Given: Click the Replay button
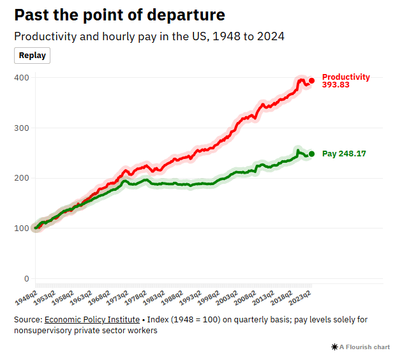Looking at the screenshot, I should [32, 56].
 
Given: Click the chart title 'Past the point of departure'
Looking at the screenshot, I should [119, 15].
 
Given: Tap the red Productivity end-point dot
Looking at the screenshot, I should [312, 80].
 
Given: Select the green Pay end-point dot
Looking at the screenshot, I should [312, 154].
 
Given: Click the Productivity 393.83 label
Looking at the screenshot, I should [345, 80].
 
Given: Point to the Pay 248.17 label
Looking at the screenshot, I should [344, 154].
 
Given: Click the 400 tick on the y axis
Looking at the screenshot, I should [22, 78].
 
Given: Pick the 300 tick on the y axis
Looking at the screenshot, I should [22, 128].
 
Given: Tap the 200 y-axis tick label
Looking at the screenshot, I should [22, 178].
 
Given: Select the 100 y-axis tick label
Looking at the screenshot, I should [22, 229].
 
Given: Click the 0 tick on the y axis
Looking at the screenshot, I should [26, 279].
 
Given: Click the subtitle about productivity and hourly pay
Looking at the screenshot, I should [149, 36].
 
